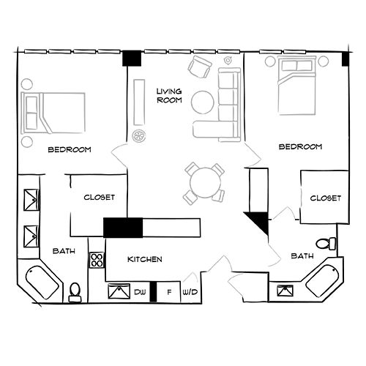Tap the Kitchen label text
(x=145, y=260)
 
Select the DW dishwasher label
(x=140, y=292)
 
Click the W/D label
(x=190, y=292)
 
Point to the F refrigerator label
(x=169, y=292)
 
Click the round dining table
(x=203, y=179)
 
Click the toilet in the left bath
(x=74, y=294)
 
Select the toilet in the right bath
(x=323, y=243)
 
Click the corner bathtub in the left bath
(x=44, y=285)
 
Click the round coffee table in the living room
(x=203, y=101)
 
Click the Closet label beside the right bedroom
(x=325, y=198)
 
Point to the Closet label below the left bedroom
(x=99, y=197)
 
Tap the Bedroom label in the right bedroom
(x=301, y=147)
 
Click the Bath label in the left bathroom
(x=64, y=251)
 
